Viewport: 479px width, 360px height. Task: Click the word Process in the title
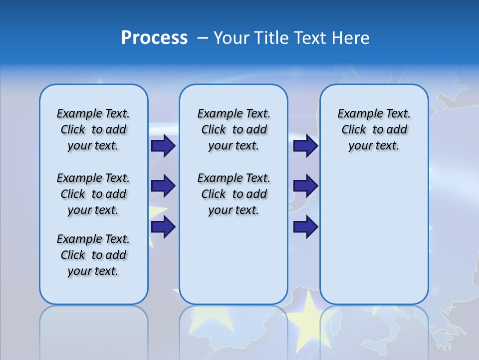point(154,37)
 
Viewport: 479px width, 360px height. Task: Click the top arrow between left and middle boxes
point(163,146)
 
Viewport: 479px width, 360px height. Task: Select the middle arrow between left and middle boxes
point(163,186)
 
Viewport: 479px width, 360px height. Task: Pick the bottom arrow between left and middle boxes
point(163,226)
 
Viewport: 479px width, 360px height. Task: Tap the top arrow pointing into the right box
point(306,146)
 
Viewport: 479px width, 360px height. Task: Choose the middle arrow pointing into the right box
point(306,186)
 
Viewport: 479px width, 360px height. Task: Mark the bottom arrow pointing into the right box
point(306,227)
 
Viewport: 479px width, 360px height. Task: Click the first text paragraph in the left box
point(93,129)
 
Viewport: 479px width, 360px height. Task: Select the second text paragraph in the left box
point(93,194)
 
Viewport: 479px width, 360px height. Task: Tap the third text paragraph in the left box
point(93,255)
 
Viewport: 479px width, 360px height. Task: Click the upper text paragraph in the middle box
point(234,129)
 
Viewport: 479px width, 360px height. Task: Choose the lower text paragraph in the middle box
point(234,194)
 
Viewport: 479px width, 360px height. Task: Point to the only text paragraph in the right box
point(374,129)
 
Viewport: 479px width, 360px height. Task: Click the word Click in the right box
point(354,130)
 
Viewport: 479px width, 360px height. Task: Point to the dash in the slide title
point(203,38)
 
